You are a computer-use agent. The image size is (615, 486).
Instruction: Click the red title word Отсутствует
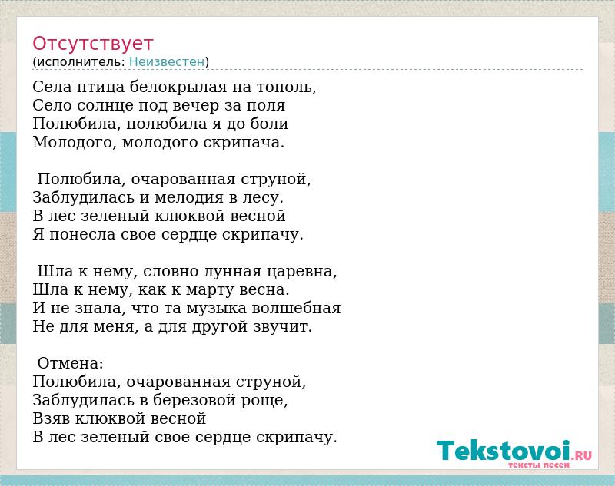[x=92, y=43]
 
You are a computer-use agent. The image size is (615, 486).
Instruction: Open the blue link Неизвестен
[x=167, y=62]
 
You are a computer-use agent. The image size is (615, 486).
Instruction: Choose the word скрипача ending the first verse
[x=244, y=143]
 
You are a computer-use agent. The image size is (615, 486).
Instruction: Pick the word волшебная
[x=296, y=308]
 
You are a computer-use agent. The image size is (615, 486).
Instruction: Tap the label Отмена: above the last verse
[x=70, y=363]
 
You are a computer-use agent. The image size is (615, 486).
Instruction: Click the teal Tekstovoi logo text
[x=504, y=451]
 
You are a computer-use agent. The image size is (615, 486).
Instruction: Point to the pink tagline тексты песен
[x=539, y=465]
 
